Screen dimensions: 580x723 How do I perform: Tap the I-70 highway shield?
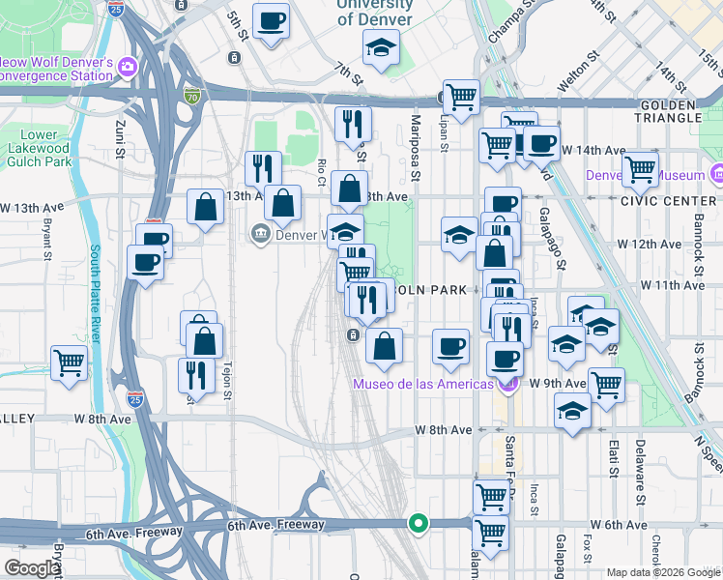tap(191, 96)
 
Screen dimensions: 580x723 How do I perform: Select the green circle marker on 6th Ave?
tap(418, 523)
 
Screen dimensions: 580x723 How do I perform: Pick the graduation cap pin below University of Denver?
tap(382, 46)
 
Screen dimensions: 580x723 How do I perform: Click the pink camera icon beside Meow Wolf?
tap(128, 67)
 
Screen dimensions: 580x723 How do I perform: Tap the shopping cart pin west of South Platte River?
tap(70, 363)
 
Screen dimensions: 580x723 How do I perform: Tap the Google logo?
tap(31, 568)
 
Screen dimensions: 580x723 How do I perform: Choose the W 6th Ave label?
tap(620, 525)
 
